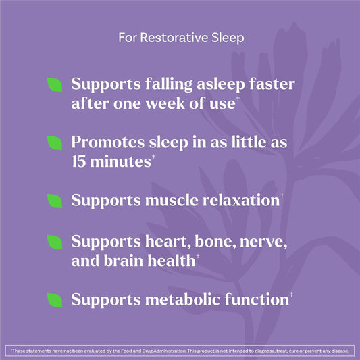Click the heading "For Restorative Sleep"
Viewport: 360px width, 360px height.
(180, 38)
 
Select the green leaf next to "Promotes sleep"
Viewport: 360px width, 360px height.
(55, 143)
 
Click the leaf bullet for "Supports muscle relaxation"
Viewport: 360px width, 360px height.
(55, 201)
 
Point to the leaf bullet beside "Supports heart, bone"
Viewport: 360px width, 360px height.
(55, 242)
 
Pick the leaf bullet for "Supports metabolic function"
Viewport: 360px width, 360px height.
(55, 299)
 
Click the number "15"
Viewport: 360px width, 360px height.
(82, 162)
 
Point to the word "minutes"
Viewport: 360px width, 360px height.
(131, 162)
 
